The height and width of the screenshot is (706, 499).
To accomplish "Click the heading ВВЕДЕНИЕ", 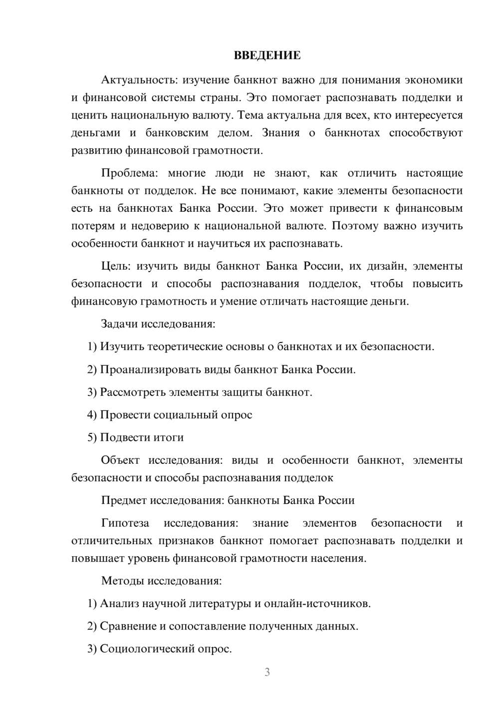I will (x=267, y=55).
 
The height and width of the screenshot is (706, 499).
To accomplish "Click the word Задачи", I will (x=119, y=324).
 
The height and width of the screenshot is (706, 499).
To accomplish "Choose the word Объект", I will (x=120, y=460).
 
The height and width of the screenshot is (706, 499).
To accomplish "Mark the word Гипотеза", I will (x=125, y=523).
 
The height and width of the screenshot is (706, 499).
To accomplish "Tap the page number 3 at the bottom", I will (x=267, y=672).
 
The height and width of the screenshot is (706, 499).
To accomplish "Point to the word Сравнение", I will (x=128, y=626).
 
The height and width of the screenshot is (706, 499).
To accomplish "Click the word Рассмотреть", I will (x=134, y=392).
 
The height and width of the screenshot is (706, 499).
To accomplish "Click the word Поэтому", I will (x=355, y=226).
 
